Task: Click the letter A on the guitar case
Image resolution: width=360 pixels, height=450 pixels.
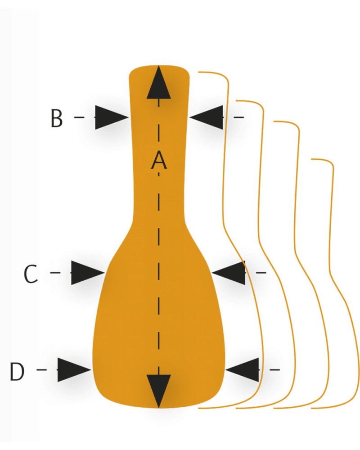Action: pos(159,160)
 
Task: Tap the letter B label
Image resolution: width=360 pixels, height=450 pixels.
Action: pos(57,118)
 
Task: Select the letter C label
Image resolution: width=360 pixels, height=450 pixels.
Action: pos(31,274)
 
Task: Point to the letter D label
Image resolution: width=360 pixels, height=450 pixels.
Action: pos(17,371)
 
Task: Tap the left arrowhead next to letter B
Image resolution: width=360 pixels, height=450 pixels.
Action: pos(112,117)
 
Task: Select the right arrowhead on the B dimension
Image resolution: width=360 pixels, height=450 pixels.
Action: pos(206,117)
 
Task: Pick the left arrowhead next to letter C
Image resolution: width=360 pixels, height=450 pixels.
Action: pos(88,273)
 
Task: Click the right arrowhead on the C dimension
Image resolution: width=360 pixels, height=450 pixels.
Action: pos(229,273)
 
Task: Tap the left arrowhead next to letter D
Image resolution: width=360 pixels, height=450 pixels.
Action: pos(74,369)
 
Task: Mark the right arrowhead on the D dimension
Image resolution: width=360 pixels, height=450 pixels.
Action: pos(242,369)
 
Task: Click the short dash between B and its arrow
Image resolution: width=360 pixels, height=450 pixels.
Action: pos(79,117)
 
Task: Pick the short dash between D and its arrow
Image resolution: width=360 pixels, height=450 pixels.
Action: pos(41,369)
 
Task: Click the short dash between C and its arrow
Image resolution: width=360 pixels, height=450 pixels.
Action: pos(55,273)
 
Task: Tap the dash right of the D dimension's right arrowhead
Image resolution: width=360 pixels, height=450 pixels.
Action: pos(275,369)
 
